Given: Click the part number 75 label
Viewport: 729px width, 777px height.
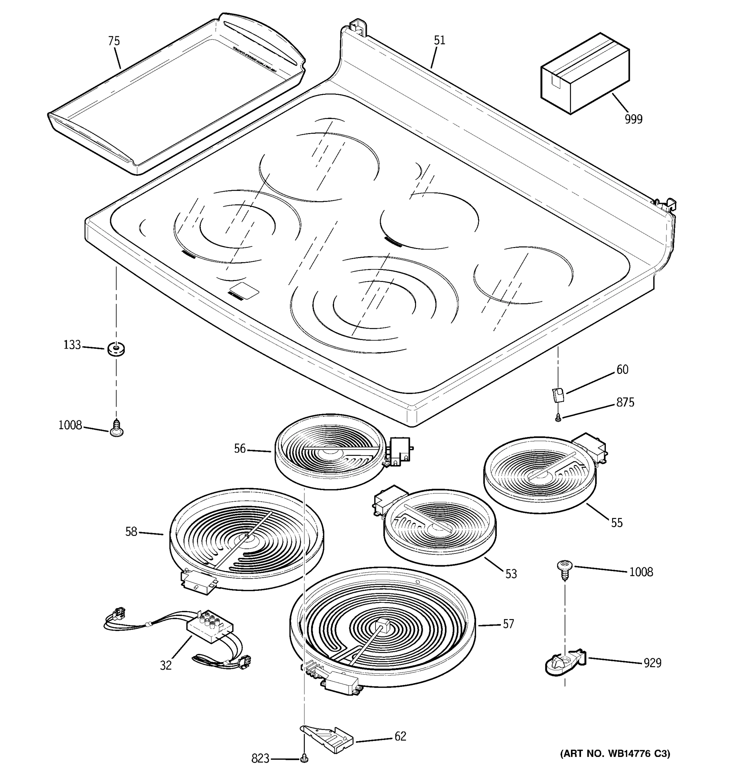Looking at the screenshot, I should (x=114, y=41).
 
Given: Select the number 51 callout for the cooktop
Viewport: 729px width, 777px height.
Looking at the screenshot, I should (x=439, y=40).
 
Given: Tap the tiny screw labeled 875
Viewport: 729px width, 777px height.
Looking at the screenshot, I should (x=559, y=419).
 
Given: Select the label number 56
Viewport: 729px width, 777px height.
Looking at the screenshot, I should (x=240, y=449).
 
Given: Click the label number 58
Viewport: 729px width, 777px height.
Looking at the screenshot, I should (x=131, y=532).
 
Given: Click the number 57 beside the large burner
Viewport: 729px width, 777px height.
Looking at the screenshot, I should (x=508, y=624).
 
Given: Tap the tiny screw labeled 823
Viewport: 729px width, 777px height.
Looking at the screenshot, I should (x=304, y=759).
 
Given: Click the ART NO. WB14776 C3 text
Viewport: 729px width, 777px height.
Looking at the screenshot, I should (x=615, y=753).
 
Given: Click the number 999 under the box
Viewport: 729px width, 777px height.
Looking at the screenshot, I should (x=633, y=119).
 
